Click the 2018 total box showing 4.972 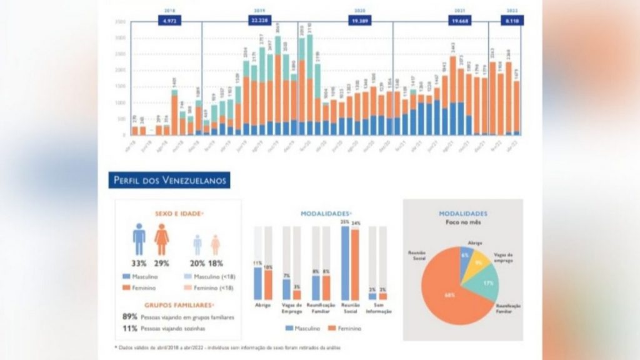(x=169, y=21)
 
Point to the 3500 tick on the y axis (x=121, y=22)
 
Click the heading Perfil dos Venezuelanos (x=169, y=180)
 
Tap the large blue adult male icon (x=139, y=239)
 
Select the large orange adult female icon (x=161, y=239)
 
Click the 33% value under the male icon (x=139, y=263)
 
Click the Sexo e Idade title (x=178, y=214)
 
